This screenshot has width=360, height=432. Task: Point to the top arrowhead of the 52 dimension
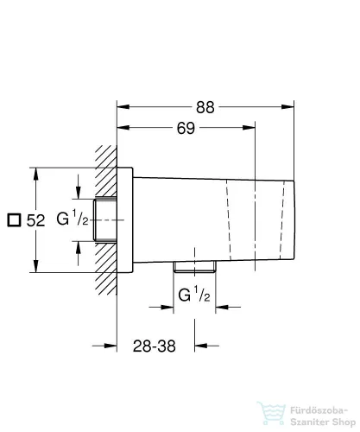point(36,169)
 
